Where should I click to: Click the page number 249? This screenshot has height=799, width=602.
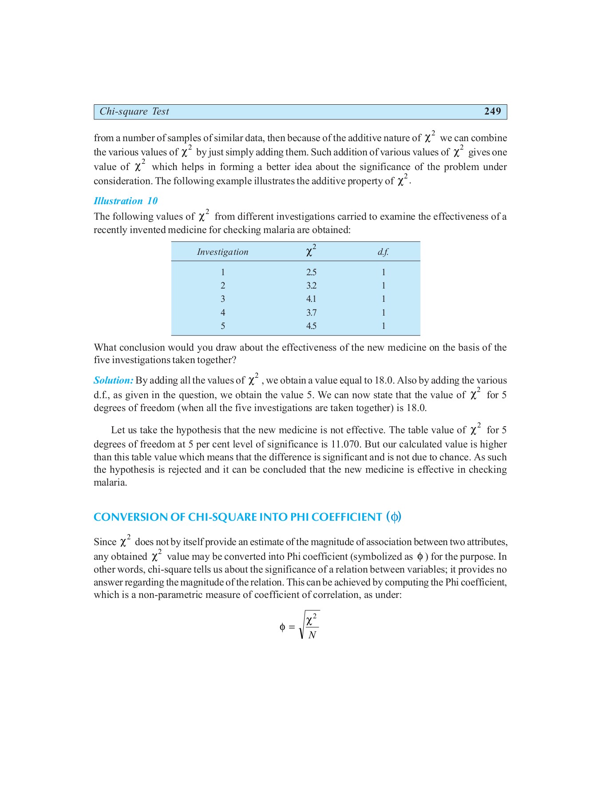tap(492, 111)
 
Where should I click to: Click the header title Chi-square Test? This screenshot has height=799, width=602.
tap(134, 111)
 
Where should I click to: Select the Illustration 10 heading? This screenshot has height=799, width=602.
tap(126, 201)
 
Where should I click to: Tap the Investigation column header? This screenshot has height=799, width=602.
tap(222, 252)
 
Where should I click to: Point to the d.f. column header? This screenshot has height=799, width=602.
tap(383, 252)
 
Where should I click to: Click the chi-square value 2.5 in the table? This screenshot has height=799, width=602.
tap(311, 272)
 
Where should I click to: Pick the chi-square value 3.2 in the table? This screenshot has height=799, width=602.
tap(311, 285)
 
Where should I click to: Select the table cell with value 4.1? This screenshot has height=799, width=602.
tap(311, 299)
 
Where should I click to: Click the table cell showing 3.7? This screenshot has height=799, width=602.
tap(311, 312)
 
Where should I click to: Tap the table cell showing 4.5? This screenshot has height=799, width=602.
tap(311, 326)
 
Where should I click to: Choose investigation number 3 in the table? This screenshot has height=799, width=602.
tap(223, 299)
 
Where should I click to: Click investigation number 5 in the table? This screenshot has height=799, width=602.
tap(223, 326)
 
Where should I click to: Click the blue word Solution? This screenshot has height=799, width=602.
tap(114, 380)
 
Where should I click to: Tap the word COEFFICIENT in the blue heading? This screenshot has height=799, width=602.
tap(347, 517)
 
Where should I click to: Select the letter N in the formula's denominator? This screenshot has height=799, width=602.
tap(312, 635)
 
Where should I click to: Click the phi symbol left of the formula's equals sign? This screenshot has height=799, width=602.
tap(282, 627)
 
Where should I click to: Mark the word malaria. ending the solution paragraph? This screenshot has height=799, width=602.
tap(110, 483)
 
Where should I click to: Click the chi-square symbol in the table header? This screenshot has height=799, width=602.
tap(310, 251)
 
